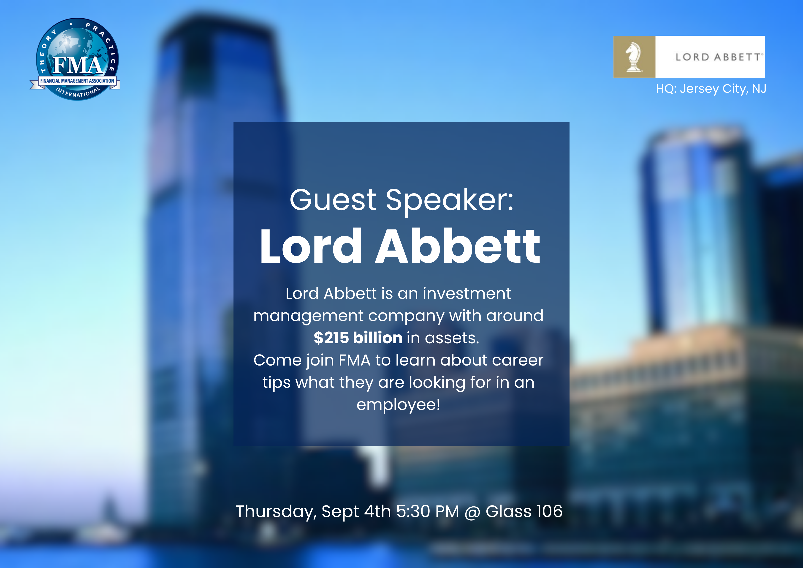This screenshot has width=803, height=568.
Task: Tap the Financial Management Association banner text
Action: [77, 81]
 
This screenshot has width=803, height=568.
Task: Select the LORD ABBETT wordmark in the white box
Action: [719, 57]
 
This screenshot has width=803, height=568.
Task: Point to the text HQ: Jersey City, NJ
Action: [711, 89]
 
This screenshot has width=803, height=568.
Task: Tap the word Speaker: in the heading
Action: [450, 201]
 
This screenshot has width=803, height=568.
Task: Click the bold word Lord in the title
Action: [311, 246]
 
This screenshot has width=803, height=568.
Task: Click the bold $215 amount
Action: [331, 338]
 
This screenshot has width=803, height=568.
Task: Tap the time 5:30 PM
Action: [427, 512]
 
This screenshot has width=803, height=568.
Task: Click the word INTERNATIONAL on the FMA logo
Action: [78, 92]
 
